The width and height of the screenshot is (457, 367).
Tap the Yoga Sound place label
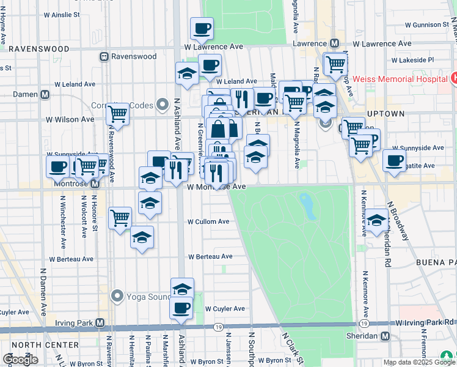point(149,297)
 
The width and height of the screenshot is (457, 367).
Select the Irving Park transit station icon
point(100,322)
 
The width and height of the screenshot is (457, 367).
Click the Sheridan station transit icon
point(385,336)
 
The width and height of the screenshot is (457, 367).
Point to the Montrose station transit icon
point(95,183)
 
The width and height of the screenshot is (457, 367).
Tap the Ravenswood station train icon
point(104,56)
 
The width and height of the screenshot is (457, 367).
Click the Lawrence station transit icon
point(334,43)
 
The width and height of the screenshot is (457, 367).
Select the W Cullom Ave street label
point(208,221)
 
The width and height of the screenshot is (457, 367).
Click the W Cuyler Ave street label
point(225,309)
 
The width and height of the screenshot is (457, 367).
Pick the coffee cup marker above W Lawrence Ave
point(201,28)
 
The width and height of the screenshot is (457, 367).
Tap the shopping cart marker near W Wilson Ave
point(117,113)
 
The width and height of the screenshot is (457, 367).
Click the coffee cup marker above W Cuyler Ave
point(181,308)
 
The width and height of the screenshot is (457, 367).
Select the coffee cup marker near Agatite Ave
point(394,160)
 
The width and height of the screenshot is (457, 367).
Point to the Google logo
point(20,360)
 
